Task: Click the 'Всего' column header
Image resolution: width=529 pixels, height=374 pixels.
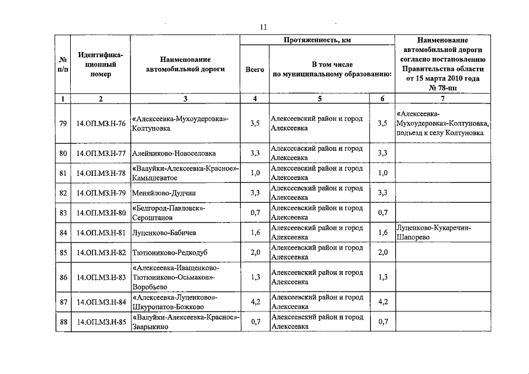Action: coord(254,70)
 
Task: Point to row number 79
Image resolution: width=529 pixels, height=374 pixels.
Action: coord(63,123)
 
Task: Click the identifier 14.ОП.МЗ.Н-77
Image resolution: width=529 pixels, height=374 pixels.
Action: coord(101,153)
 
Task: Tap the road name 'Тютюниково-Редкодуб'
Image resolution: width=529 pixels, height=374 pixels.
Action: coord(170,252)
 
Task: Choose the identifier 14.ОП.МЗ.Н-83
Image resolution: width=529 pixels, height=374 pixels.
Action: coord(101,277)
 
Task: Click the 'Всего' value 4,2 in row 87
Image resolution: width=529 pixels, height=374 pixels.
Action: coord(255,302)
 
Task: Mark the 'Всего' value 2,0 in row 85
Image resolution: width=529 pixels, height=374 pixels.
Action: coord(255,252)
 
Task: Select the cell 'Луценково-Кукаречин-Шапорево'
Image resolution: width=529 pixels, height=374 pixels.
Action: coord(433,233)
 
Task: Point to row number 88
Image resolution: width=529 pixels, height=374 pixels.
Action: coord(63,322)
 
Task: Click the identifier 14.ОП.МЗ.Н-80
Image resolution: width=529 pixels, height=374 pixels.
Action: coord(101,213)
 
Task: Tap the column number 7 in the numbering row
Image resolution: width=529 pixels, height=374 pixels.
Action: coord(442,99)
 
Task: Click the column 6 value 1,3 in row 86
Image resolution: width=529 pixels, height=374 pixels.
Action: coord(382,277)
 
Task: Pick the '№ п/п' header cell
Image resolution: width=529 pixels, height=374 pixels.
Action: coord(63,64)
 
